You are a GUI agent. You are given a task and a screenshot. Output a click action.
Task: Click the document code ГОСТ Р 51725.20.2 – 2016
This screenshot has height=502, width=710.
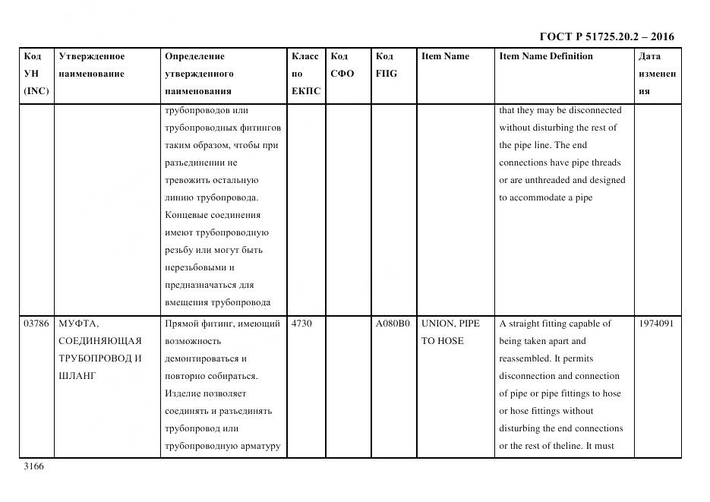pyautogui.click(x=606, y=36)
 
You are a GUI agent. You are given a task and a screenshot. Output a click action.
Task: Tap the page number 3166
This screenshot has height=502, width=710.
pyautogui.click(x=34, y=466)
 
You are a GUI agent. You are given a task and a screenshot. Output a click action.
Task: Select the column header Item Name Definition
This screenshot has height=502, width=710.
pyautogui.click(x=545, y=56)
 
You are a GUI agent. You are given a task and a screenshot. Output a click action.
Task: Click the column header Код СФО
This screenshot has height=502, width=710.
pyautogui.click(x=342, y=65)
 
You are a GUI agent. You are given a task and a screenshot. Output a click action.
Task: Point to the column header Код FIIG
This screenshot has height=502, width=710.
pyautogui.click(x=386, y=65)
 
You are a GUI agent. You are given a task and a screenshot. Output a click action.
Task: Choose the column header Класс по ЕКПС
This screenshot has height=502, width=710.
pyautogui.click(x=306, y=74)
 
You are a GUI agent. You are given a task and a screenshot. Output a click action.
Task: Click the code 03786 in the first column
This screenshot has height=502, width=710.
pyautogui.click(x=36, y=324)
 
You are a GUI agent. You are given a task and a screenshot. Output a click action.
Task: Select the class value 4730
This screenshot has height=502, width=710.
pyautogui.click(x=301, y=324)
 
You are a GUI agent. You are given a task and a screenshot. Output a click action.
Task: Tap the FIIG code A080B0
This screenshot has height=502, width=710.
pyautogui.click(x=393, y=324)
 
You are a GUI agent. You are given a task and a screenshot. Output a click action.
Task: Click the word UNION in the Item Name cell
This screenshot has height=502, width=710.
pyautogui.click(x=437, y=324)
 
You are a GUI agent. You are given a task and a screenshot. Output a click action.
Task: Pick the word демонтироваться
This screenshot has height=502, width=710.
pyautogui.click(x=205, y=358)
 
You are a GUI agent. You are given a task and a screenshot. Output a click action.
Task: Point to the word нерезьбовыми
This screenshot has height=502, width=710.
pyautogui.click(x=199, y=267)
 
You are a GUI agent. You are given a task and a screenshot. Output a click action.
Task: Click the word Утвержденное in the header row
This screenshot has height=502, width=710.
pyautogui.click(x=91, y=56)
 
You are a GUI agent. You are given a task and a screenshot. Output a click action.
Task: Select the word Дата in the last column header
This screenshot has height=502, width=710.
pyautogui.click(x=649, y=56)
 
